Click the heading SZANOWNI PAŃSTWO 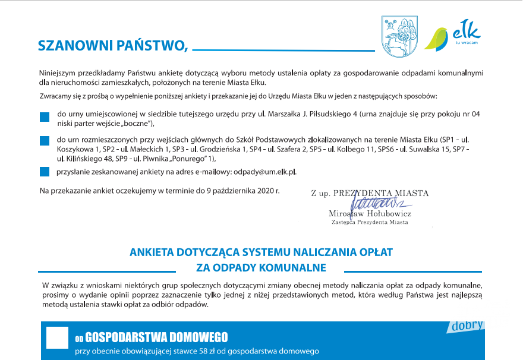[x=112, y=46]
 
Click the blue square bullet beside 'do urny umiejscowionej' [x=44, y=117]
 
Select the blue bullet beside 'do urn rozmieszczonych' [x=44, y=141]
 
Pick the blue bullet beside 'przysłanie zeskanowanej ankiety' [x=44, y=172]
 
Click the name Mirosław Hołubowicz [x=369, y=213]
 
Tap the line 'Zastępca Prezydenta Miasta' [x=370, y=222]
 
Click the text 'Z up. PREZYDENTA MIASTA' [x=370, y=193]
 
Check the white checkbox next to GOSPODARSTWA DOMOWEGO [x=57, y=337]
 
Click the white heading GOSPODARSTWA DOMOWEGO [x=156, y=338]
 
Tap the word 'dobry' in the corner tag [x=467, y=326]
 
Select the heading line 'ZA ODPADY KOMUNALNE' [x=261, y=267]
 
